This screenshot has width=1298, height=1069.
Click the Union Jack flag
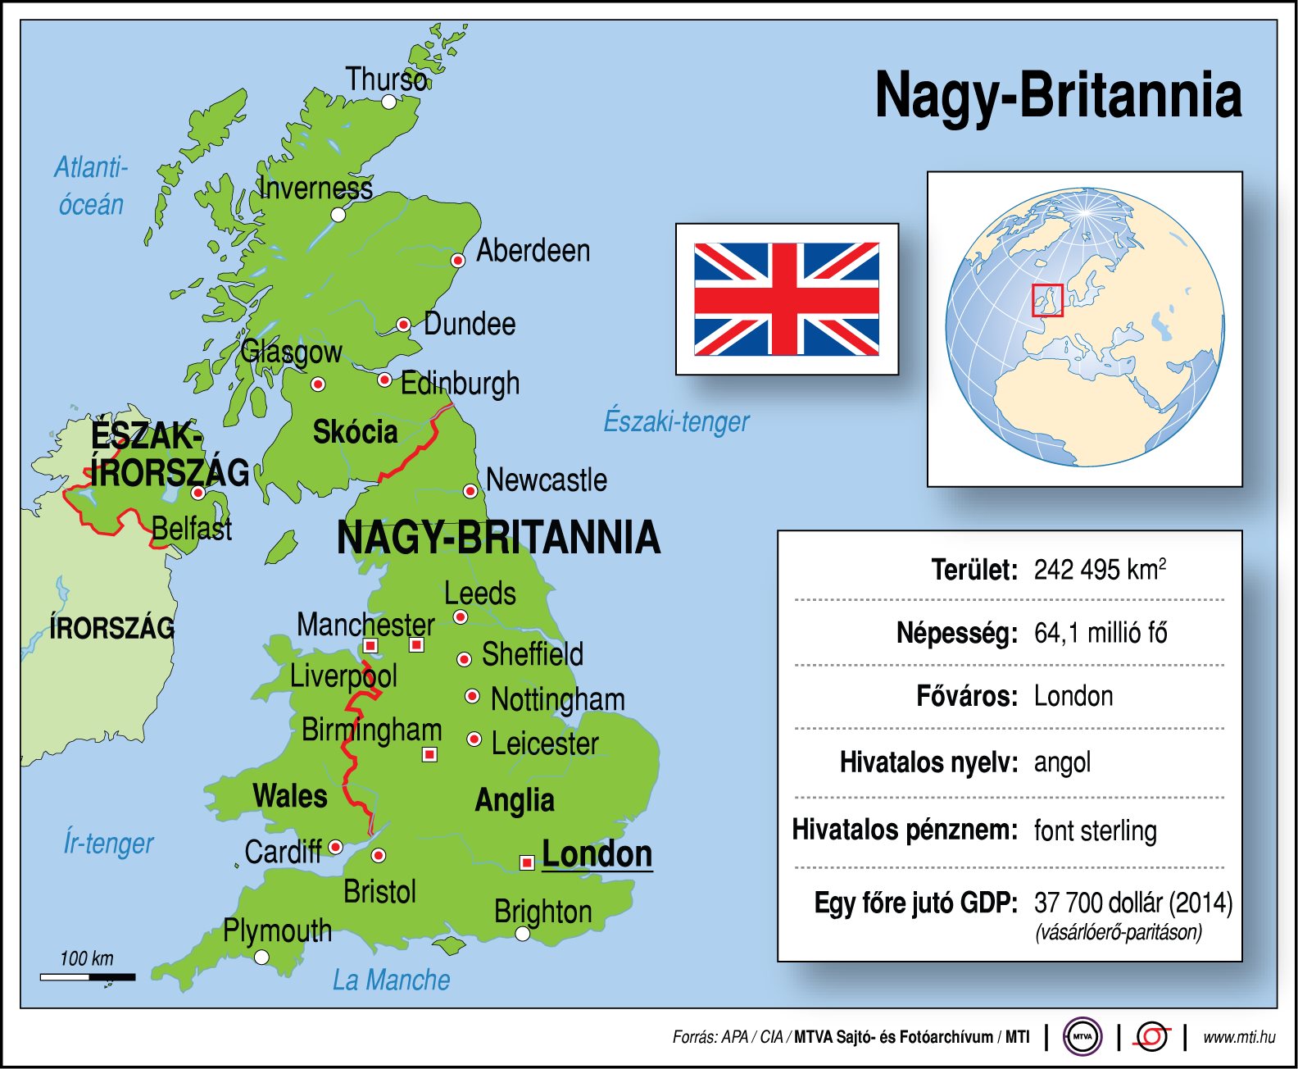[787, 299]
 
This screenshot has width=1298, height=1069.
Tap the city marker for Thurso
[389, 102]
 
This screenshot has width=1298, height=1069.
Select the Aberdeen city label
[533, 251]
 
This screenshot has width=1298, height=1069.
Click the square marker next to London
[527, 862]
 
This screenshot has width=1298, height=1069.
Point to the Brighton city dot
[523, 934]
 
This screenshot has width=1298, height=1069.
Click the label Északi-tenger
[676, 421]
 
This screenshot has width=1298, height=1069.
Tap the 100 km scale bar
[88, 976]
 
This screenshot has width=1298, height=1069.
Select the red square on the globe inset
[1046, 300]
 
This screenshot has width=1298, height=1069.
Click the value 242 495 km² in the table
[1099, 570]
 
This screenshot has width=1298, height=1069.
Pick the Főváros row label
[966, 697]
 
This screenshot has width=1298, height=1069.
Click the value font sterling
[1095, 831]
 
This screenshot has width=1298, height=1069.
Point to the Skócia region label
[355, 432]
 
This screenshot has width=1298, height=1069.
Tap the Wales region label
[290, 796]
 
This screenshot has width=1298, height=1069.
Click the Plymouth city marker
[261, 957]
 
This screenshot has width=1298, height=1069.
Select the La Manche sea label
[391, 980]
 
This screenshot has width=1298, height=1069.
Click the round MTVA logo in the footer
[1082, 1037]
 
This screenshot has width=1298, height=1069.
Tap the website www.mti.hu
[1238, 1037]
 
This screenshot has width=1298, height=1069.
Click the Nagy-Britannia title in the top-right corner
[1058, 96]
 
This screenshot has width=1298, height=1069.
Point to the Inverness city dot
[338, 215]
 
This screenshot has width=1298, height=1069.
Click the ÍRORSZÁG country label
[112, 629]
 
